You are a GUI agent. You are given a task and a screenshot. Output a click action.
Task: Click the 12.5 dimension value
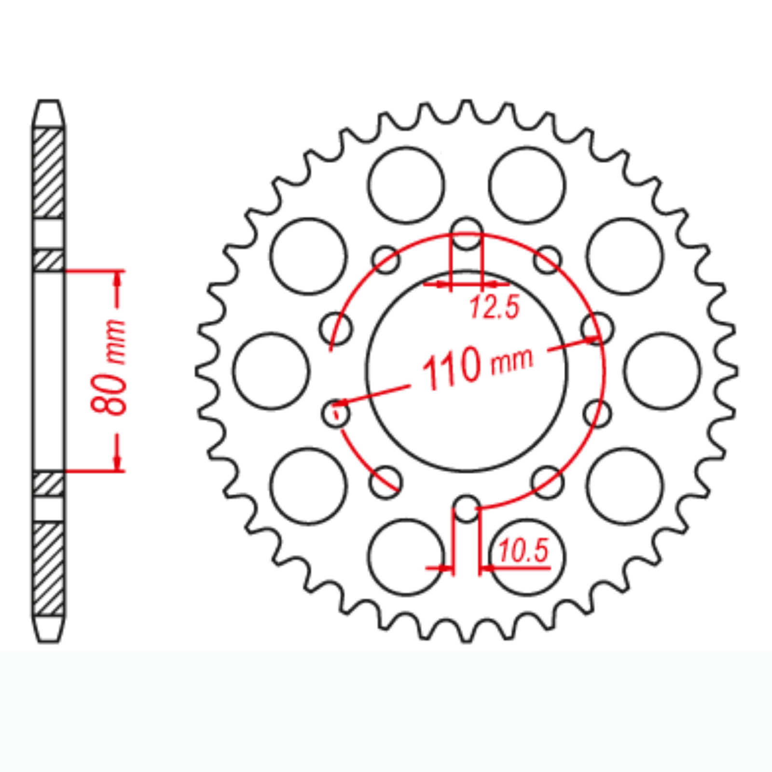495,307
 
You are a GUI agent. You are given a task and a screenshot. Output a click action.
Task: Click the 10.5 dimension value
524,551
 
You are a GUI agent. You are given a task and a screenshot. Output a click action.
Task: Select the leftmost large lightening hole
271,371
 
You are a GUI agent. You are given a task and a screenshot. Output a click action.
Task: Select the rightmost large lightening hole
662,371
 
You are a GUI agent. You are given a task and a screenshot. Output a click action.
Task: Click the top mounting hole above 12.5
466,233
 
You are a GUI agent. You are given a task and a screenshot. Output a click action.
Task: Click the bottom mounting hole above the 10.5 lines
466,508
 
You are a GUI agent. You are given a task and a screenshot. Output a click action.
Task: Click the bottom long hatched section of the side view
48,569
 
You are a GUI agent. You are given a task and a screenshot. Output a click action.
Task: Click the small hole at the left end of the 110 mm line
336,413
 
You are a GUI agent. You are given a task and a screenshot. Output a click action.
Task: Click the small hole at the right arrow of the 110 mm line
597,329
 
